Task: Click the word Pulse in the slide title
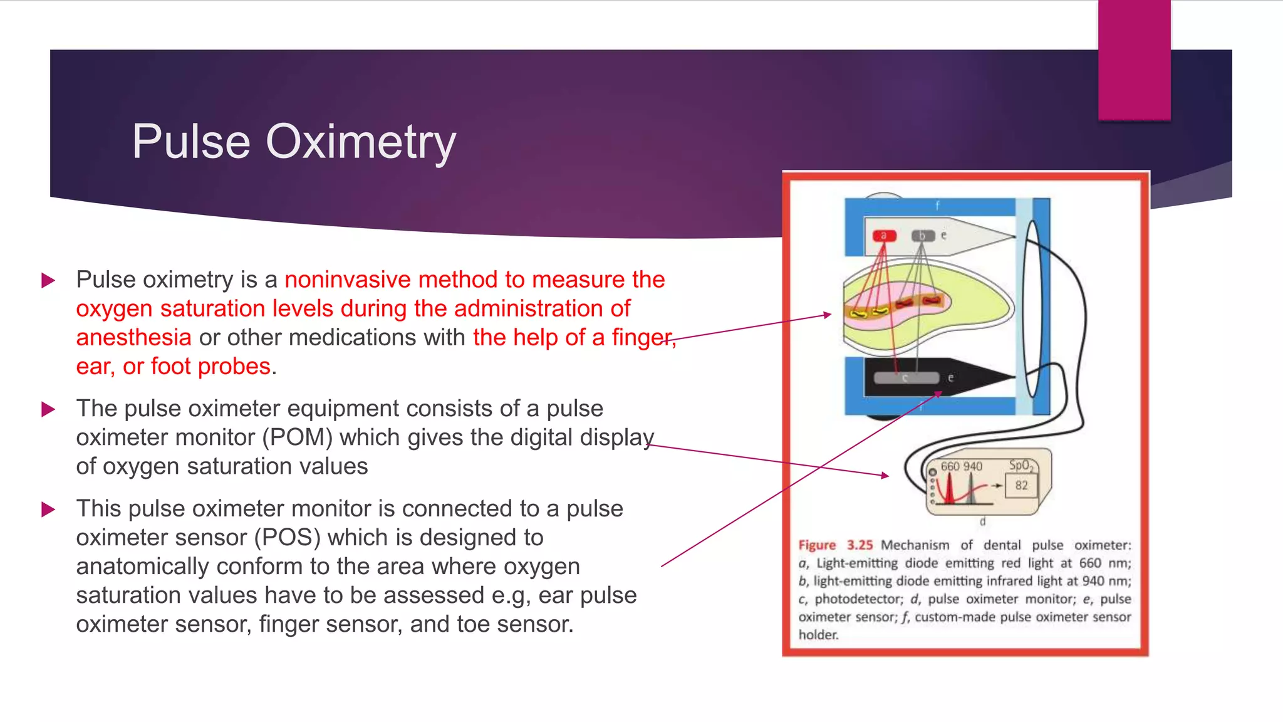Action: pos(191,142)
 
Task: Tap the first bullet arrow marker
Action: pos(48,280)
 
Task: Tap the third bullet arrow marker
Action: pos(48,509)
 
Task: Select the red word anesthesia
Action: pos(133,337)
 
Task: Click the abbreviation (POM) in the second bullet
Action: pos(298,437)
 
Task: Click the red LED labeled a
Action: pos(885,236)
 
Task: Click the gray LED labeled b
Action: pos(923,236)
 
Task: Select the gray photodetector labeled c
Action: pos(906,378)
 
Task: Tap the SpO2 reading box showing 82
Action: pos(1021,485)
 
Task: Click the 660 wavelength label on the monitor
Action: pos(950,466)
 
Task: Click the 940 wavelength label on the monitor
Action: pos(972,466)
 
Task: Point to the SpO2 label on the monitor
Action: pos(1021,465)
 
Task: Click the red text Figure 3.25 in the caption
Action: pos(835,545)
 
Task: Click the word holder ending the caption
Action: pos(818,635)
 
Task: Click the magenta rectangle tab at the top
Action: pos(1134,60)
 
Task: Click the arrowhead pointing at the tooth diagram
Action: pos(828,315)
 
